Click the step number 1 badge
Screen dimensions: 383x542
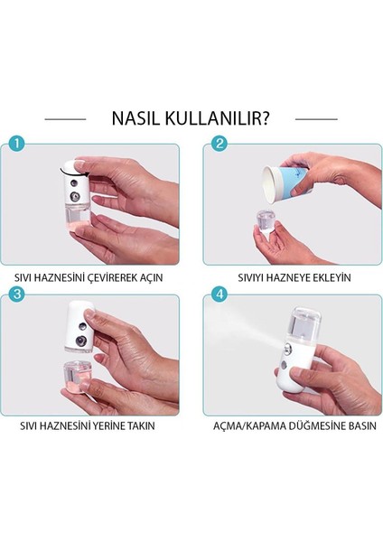tap(16, 142)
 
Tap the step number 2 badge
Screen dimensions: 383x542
tap(220, 142)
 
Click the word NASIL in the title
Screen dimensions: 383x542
tap(136, 118)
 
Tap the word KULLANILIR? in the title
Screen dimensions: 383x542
tap(217, 118)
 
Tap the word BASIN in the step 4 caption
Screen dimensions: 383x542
tap(361, 425)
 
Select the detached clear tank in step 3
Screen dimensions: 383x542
tap(78, 376)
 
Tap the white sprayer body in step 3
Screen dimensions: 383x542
tap(79, 326)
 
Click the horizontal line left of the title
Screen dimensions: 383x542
tap(65, 119)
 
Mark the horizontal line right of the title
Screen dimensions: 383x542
tap(316, 119)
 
